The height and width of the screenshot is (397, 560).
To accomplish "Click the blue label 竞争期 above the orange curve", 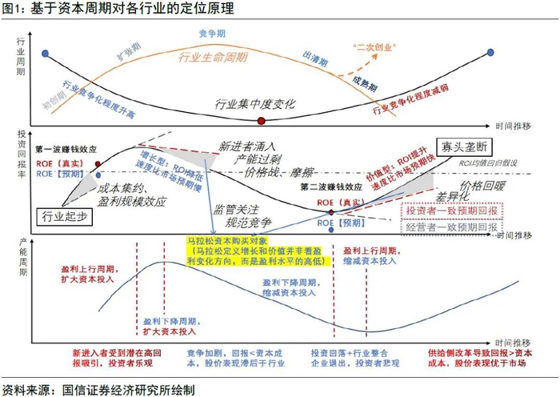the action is coord(214,34).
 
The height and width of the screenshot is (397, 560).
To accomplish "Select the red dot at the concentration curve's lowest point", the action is coord(261,120).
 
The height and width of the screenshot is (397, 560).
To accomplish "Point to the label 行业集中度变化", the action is coord(256,104).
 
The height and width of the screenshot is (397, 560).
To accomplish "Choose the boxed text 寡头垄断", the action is coord(464,146).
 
